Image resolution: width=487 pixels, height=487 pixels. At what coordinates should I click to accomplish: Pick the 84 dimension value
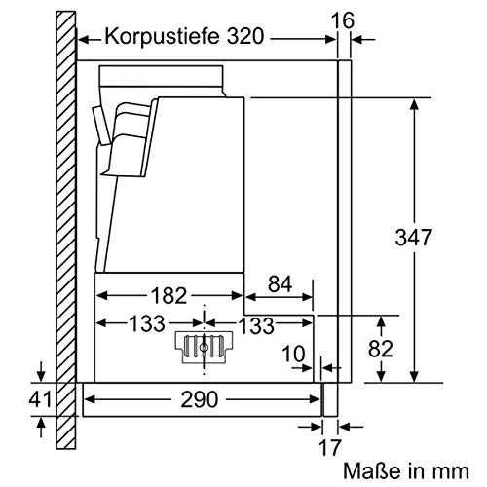pyautogui.click(x=279, y=284)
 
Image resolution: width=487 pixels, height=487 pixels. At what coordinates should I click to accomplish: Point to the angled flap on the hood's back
pyautogui.click(x=101, y=128)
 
